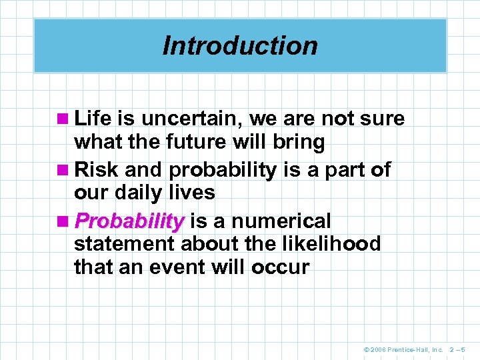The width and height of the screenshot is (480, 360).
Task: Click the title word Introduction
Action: (x=240, y=46)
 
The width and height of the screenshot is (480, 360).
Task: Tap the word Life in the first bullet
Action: (x=93, y=119)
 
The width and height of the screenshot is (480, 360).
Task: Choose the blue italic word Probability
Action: (x=129, y=221)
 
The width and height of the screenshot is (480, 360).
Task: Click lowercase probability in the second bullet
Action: (x=222, y=170)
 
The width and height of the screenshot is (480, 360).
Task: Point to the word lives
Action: (x=194, y=193)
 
